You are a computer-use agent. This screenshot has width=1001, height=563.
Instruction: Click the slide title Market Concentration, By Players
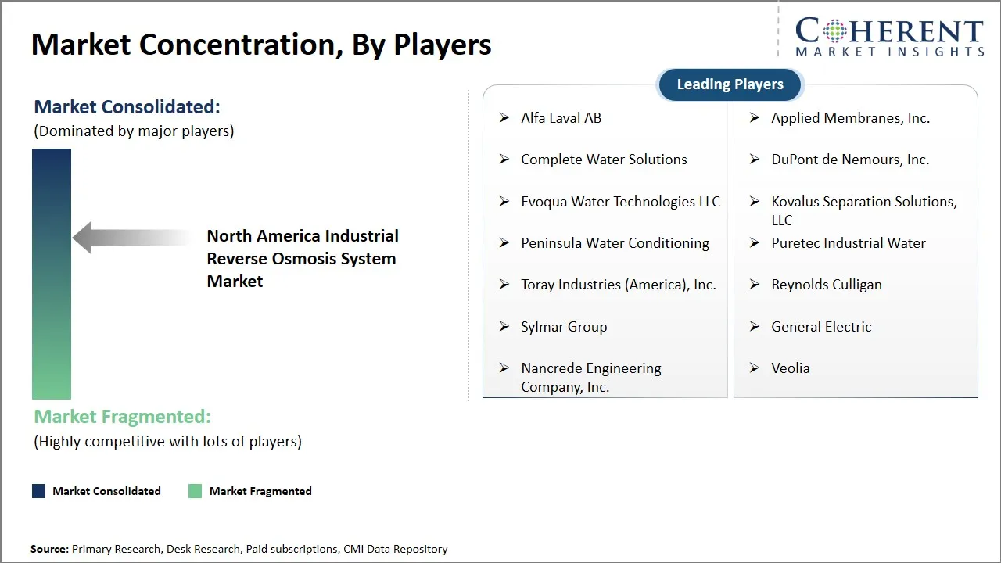[x=261, y=45]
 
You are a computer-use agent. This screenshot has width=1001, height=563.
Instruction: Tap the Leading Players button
[x=730, y=84]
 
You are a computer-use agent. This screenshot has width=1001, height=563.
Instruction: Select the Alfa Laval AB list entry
[x=561, y=118]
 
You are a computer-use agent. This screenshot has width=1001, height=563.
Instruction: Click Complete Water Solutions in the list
[x=604, y=160]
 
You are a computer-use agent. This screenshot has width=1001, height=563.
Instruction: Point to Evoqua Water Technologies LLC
[x=620, y=202]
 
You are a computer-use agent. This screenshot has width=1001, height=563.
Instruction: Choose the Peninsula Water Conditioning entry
[x=615, y=243]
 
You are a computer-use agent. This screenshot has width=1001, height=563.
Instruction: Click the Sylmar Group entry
[x=564, y=327]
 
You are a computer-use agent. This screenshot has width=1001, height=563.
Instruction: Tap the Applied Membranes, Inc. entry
[x=850, y=118]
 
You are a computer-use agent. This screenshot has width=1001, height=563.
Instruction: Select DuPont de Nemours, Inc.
[x=850, y=160]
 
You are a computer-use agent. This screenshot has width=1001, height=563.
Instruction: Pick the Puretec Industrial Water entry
[x=848, y=243]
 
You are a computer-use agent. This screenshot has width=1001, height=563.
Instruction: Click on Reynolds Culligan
[x=826, y=285]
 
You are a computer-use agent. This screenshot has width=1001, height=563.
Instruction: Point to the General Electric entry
[x=821, y=327]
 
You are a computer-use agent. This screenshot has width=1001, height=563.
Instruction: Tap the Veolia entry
[x=790, y=368]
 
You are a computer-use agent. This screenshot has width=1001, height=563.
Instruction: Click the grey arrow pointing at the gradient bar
[x=129, y=238]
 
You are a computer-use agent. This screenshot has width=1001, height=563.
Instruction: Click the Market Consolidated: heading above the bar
[x=127, y=107]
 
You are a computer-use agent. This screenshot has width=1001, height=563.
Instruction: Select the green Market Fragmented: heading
[x=122, y=417]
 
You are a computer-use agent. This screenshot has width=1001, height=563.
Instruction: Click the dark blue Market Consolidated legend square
[x=38, y=491]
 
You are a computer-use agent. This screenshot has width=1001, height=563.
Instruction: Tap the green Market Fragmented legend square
[x=196, y=491]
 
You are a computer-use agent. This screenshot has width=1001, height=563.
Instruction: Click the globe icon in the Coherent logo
[x=833, y=32]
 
